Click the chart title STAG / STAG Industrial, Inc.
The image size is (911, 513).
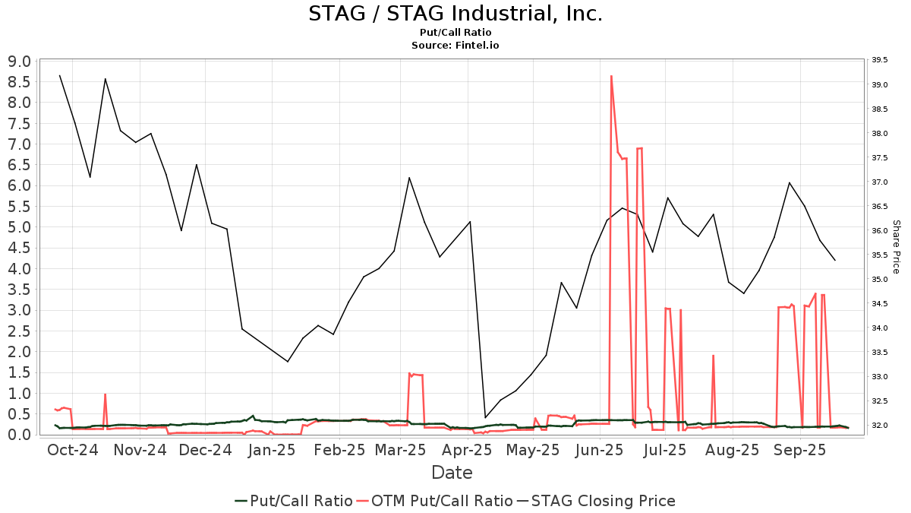pos(455,14)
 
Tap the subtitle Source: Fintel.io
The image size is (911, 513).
pos(455,46)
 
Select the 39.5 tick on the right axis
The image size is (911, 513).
pos(880,60)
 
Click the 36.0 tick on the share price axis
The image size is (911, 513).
pos(880,231)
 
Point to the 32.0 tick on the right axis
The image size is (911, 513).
pos(880,426)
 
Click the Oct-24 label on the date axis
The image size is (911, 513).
pos(73,450)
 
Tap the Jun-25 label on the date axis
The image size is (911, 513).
pos(600,450)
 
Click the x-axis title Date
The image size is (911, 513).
pos(452,473)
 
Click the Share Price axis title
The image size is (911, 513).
pos(896,247)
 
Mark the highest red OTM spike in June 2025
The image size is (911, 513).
pos(611,76)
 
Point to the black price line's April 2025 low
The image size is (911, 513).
pos(486,417)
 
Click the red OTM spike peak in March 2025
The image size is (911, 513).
pos(410,373)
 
